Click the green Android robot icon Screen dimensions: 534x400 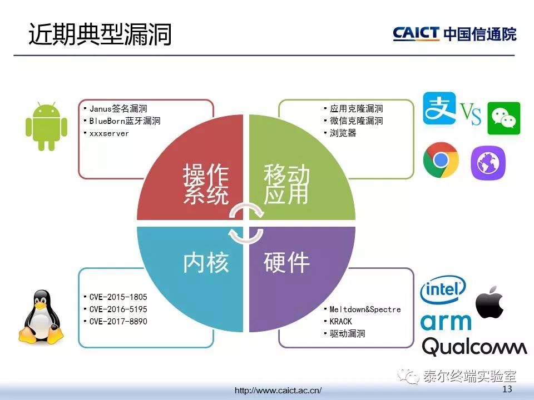(x=46, y=126)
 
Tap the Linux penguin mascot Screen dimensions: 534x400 (x=41, y=316)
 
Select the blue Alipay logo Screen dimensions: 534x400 (x=439, y=108)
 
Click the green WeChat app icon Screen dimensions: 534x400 (x=504, y=118)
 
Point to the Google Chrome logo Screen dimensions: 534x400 (x=441, y=160)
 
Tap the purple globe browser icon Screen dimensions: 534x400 (x=488, y=163)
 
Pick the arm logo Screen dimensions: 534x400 (x=446, y=322)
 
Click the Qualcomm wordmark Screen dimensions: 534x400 (x=474, y=347)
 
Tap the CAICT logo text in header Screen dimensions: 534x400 (x=416, y=34)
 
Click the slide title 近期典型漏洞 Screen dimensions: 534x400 (x=100, y=34)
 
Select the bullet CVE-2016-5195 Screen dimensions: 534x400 (x=118, y=309)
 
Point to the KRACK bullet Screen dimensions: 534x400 (x=340, y=322)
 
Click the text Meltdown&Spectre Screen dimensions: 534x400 (x=365, y=309)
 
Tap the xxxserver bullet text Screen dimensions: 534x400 (x=109, y=133)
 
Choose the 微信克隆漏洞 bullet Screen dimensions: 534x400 (x=356, y=121)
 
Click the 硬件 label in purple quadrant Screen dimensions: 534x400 (x=286, y=262)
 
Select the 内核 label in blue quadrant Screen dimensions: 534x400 (x=206, y=262)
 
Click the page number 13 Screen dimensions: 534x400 (x=507, y=389)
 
